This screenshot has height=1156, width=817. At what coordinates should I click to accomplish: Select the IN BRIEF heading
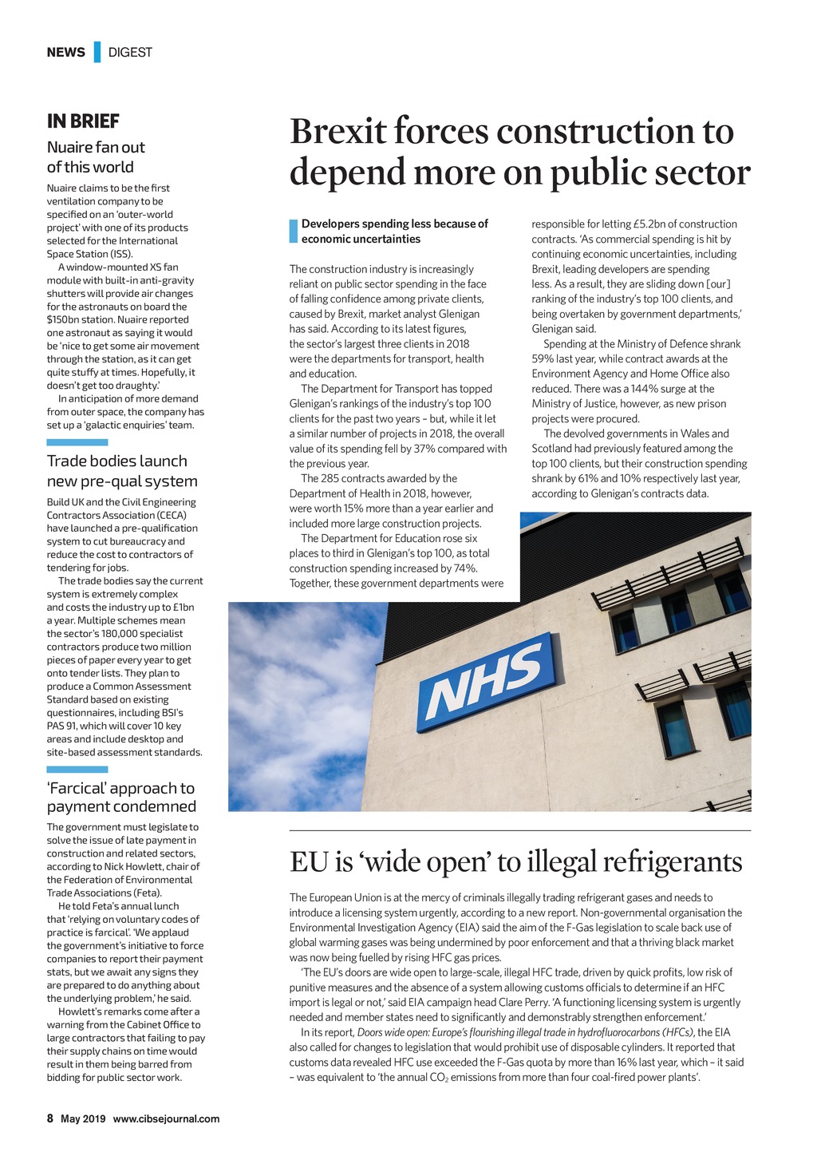(x=83, y=121)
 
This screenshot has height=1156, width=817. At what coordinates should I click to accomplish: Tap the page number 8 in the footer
(x=49, y=1118)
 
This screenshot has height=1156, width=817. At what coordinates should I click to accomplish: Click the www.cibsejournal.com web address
(x=166, y=1118)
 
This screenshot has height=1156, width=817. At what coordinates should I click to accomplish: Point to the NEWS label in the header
(x=65, y=52)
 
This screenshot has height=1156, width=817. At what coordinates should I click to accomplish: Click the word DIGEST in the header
(x=130, y=52)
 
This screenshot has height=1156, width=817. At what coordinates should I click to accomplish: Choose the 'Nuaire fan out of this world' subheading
(x=96, y=157)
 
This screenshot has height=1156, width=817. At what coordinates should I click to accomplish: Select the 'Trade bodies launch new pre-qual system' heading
(x=122, y=471)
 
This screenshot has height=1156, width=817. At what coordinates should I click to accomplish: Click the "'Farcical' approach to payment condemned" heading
(x=121, y=798)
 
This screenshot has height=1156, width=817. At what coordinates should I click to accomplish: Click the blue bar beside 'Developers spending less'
(x=293, y=231)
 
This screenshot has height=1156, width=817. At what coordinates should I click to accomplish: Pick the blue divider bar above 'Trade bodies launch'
(x=77, y=442)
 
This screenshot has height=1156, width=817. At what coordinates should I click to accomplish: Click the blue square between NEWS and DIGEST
(x=97, y=52)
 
